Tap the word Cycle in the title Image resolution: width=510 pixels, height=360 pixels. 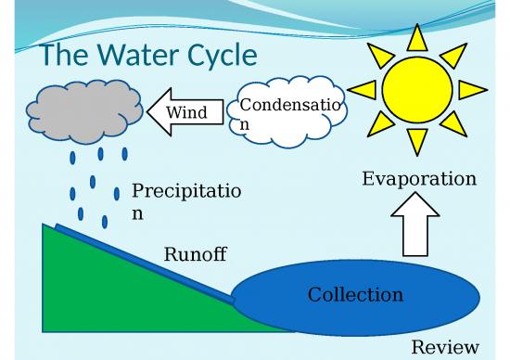[x=218, y=56]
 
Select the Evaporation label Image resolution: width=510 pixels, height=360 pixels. [x=419, y=178]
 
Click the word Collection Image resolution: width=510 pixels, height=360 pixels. [x=355, y=295]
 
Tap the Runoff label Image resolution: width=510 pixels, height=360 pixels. [x=195, y=254]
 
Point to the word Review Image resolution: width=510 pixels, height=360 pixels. [x=445, y=347]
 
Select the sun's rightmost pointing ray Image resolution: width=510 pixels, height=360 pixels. [x=472, y=90]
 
